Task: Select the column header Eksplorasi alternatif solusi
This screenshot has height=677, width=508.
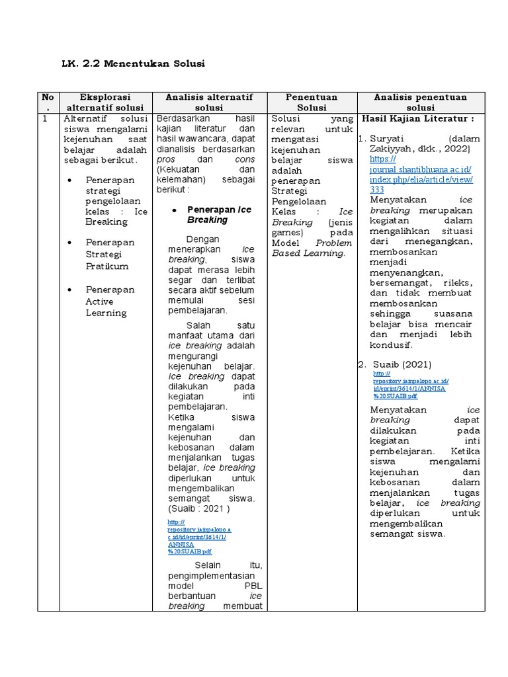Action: (x=106, y=102)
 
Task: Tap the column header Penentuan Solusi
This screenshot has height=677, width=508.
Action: (x=312, y=102)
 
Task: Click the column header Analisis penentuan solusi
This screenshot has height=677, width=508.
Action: (x=420, y=102)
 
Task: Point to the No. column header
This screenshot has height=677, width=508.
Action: (x=48, y=102)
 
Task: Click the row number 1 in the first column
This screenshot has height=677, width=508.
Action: (x=45, y=119)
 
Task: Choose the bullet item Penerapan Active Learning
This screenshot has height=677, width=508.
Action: (x=110, y=301)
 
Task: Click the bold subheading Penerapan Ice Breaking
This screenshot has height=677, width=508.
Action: (x=219, y=214)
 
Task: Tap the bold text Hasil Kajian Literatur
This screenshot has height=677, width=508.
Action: (x=417, y=118)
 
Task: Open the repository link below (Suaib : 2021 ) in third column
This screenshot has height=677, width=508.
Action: (x=199, y=536)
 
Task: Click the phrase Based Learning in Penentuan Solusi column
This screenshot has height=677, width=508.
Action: (x=309, y=253)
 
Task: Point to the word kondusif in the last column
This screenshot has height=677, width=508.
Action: (x=391, y=344)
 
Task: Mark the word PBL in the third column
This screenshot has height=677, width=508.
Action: (x=253, y=585)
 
